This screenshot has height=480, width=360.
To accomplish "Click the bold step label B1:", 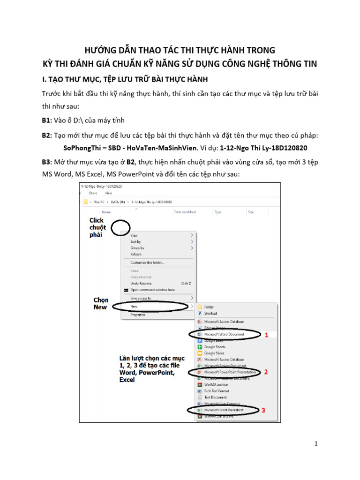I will pyautogui.click(x=47, y=120).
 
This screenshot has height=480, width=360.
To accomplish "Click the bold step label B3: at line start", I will pyautogui.click(x=47, y=162).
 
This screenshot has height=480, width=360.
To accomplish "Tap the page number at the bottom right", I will pyautogui.click(x=316, y=443).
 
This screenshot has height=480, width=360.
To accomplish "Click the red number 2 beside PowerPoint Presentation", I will pyautogui.click(x=266, y=372).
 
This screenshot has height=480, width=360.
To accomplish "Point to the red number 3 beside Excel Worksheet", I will pyautogui.click(x=263, y=410).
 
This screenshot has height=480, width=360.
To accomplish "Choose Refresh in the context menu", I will pyautogui.click(x=136, y=254).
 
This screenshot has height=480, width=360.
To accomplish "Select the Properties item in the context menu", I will pyautogui.click(x=138, y=315).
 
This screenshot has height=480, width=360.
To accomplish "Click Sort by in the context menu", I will pyautogui.click(x=135, y=241).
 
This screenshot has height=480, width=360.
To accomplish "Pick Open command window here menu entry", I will pyautogui.click(x=152, y=290).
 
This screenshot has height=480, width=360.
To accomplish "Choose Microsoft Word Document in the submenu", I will pyautogui.click(x=224, y=334).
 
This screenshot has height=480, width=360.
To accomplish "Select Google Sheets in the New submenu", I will pyautogui.click(x=215, y=347).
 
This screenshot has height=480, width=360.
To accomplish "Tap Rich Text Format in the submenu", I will pyautogui.click(x=217, y=391).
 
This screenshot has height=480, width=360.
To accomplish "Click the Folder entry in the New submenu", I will pyautogui.click(x=209, y=307).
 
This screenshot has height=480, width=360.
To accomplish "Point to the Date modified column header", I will pyautogui.click(x=185, y=212).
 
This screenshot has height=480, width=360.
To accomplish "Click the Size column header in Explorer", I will pyautogui.click(x=251, y=212).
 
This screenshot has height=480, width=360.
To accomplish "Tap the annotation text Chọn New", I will pyautogui.click(x=101, y=303).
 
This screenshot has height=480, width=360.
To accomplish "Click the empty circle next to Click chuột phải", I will pyautogui.click(x=120, y=227).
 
